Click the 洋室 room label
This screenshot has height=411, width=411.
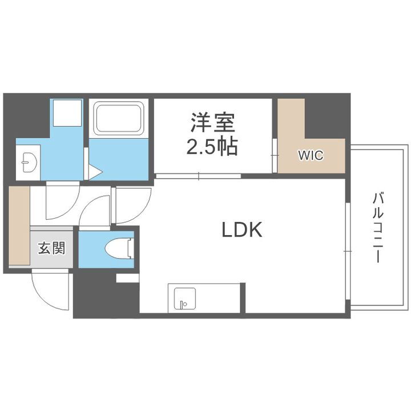pos(212,123)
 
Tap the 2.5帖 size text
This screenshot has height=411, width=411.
pos(212,147)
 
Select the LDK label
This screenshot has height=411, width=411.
pos(241,229)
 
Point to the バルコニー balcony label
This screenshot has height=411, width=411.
pos(377,228)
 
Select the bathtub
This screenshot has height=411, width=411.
pos(119,119)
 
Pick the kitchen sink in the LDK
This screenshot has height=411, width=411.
pos(182,298)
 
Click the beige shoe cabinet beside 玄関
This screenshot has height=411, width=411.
pos(19,225)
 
